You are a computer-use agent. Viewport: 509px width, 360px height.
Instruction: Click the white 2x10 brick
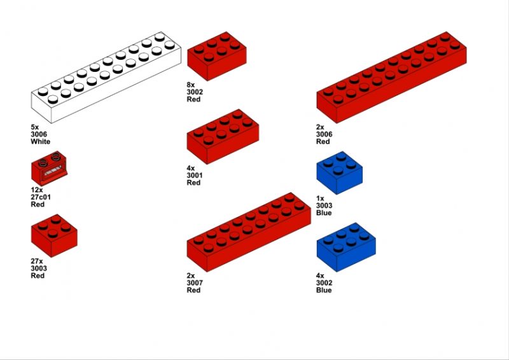point(106,77)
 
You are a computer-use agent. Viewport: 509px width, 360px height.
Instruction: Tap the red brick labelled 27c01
point(50,168)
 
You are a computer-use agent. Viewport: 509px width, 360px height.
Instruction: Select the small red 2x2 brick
point(54,235)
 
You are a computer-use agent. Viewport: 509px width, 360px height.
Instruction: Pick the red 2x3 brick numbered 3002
point(217,56)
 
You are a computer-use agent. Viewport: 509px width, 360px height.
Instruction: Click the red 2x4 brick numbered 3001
point(223,136)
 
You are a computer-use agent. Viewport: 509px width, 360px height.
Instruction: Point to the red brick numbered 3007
point(249,232)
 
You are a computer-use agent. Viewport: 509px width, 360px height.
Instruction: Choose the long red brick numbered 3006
point(391,77)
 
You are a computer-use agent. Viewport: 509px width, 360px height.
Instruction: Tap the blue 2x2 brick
point(340,173)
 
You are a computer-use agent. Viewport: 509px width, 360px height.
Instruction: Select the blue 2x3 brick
point(346,247)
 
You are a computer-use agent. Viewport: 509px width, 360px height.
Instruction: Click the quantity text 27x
point(37,261)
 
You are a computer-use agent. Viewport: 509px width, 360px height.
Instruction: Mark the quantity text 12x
point(37,190)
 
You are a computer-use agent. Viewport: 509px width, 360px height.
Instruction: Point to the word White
point(41,142)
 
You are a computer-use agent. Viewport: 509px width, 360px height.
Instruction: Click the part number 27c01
point(41,197)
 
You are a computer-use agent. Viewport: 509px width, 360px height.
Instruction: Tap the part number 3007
point(195,283)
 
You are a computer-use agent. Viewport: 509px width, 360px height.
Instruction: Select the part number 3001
point(195,176)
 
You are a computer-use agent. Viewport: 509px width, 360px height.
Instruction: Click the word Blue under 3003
point(324,212)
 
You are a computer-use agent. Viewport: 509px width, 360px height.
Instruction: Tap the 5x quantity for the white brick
point(35,127)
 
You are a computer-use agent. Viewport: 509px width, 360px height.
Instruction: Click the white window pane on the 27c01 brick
point(53,170)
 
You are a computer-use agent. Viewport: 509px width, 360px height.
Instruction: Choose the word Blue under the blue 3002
point(324,290)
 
